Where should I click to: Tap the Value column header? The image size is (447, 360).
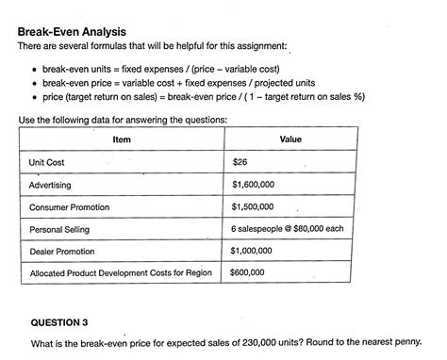pyautogui.click(x=290, y=139)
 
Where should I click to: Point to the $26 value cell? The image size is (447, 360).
pyautogui.click(x=240, y=162)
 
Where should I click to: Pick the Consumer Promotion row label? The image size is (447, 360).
pyautogui.click(x=72, y=207)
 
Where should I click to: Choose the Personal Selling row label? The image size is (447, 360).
pyautogui.click(x=58, y=229)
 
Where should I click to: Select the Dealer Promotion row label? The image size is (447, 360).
pyautogui.click(x=64, y=252)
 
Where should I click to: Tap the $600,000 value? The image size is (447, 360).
pyautogui.click(x=247, y=273)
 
